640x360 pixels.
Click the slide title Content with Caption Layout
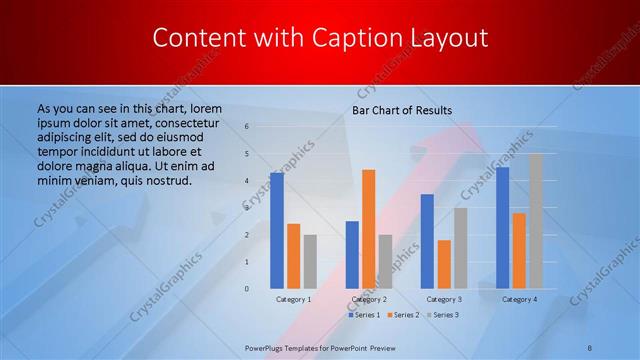(x=320, y=39)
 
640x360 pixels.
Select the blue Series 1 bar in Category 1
(x=277, y=230)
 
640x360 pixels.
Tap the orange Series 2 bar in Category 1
(x=293, y=256)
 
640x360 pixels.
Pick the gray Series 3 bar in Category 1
(x=310, y=262)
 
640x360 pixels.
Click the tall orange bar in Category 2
(x=369, y=229)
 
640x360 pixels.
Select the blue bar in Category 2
(x=352, y=255)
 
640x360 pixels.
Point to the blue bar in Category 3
(x=427, y=241)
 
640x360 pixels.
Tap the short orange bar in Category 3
(x=444, y=264)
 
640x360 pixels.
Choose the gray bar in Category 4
(x=536, y=221)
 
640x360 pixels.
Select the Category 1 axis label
(x=293, y=299)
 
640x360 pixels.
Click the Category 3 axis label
(x=444, y=299)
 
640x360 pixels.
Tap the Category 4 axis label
(x=519, y=299)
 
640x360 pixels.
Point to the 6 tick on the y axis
(x=247, y=127)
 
